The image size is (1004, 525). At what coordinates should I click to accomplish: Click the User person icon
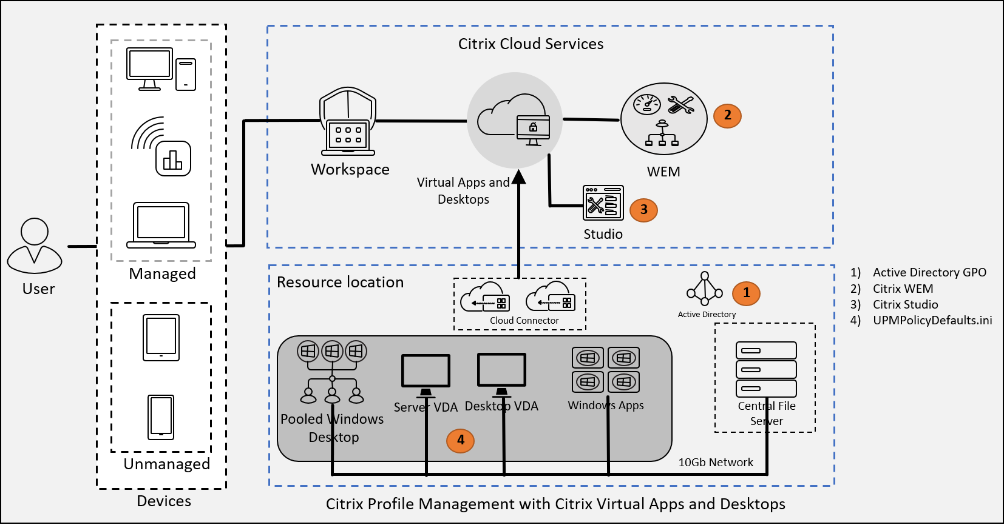tap(35, 246)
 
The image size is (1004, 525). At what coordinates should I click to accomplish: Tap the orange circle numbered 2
tap(727, 115)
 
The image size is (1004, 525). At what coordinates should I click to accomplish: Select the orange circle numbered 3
tap(643, 210)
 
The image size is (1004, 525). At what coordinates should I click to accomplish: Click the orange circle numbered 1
tap(746, 293)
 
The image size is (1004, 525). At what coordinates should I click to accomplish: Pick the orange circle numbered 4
tap(460, 440)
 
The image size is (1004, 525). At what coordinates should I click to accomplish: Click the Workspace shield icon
tap(348, 121)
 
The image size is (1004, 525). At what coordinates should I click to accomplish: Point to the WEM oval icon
tap(663, 119)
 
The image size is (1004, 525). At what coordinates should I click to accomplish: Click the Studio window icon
tap(603, 203)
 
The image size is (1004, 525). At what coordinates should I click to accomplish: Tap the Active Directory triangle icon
tap(705, 289)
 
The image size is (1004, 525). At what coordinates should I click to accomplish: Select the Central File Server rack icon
tap(766, 369)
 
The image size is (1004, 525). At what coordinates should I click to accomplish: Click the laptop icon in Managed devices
tap(161, 225)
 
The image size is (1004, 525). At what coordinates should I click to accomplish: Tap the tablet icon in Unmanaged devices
tap(161, 337)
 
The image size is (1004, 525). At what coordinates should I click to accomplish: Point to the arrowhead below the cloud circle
tap(518, 177)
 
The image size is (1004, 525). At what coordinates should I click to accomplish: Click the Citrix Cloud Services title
tap(531, 44)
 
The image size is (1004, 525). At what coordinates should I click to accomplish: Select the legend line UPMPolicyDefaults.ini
tap(932, 320)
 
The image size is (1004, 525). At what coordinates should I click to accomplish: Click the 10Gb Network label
tap(715, 463)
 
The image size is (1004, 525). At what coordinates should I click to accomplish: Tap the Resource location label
tap(340, 283)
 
